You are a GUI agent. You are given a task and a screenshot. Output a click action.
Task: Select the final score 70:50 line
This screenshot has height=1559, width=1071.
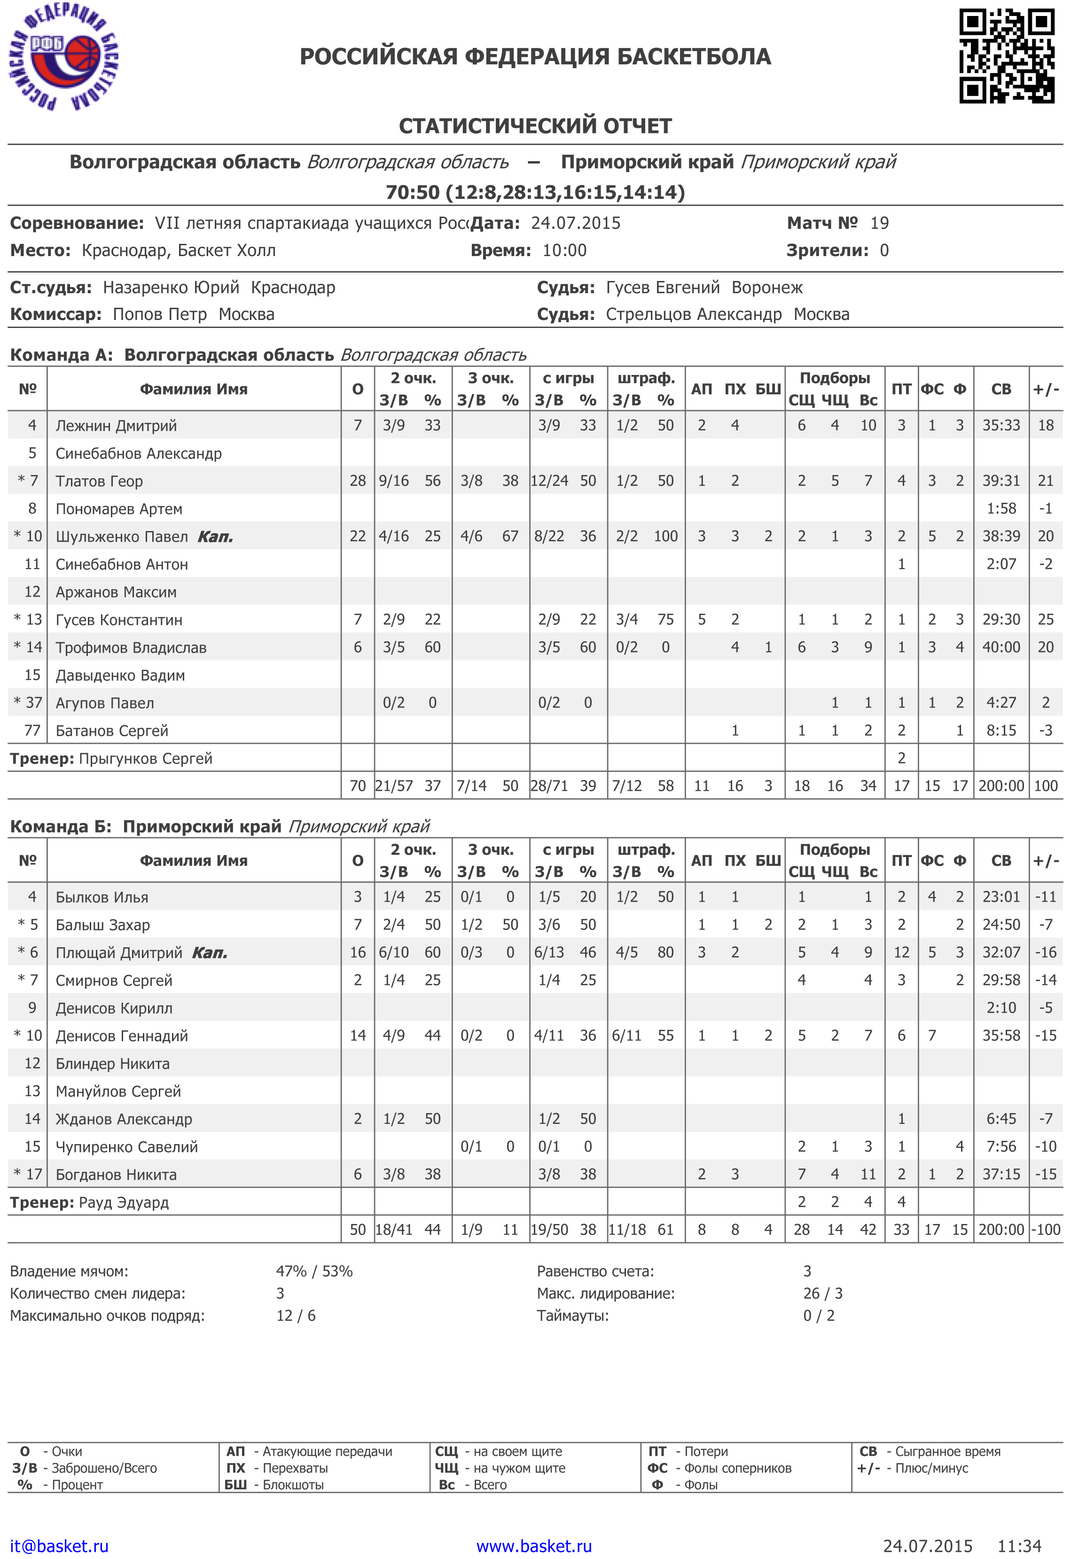point(535,193)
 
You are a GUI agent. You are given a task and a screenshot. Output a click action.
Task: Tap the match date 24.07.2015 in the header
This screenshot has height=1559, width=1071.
point(575,223)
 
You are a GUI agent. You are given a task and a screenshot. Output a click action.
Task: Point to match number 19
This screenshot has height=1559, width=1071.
point(879,223)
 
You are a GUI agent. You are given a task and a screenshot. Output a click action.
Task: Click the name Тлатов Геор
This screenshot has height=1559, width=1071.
point(99,481)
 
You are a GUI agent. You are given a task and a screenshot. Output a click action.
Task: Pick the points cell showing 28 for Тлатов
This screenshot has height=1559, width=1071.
point(358,481)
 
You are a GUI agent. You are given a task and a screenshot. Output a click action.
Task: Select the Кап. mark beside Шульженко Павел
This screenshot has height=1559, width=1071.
point(215,537)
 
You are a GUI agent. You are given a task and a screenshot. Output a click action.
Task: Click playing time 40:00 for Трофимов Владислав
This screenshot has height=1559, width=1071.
point(1001,647)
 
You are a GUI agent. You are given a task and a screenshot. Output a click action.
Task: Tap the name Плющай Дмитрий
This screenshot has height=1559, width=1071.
point(119,952)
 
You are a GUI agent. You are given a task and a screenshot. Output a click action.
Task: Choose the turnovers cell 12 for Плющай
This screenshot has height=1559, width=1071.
point(901,952)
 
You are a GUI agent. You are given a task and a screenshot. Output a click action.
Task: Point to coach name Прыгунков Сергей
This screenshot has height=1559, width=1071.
point(146,759)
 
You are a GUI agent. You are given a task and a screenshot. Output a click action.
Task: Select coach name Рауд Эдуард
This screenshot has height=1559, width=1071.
point(124,1203)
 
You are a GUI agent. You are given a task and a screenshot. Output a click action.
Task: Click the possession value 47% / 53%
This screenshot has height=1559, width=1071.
point(314,1271)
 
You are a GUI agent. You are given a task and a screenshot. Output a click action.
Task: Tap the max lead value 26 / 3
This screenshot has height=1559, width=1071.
point(822,1294)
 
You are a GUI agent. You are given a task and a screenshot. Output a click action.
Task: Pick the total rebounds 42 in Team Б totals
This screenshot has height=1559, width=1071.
point(868,1230)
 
